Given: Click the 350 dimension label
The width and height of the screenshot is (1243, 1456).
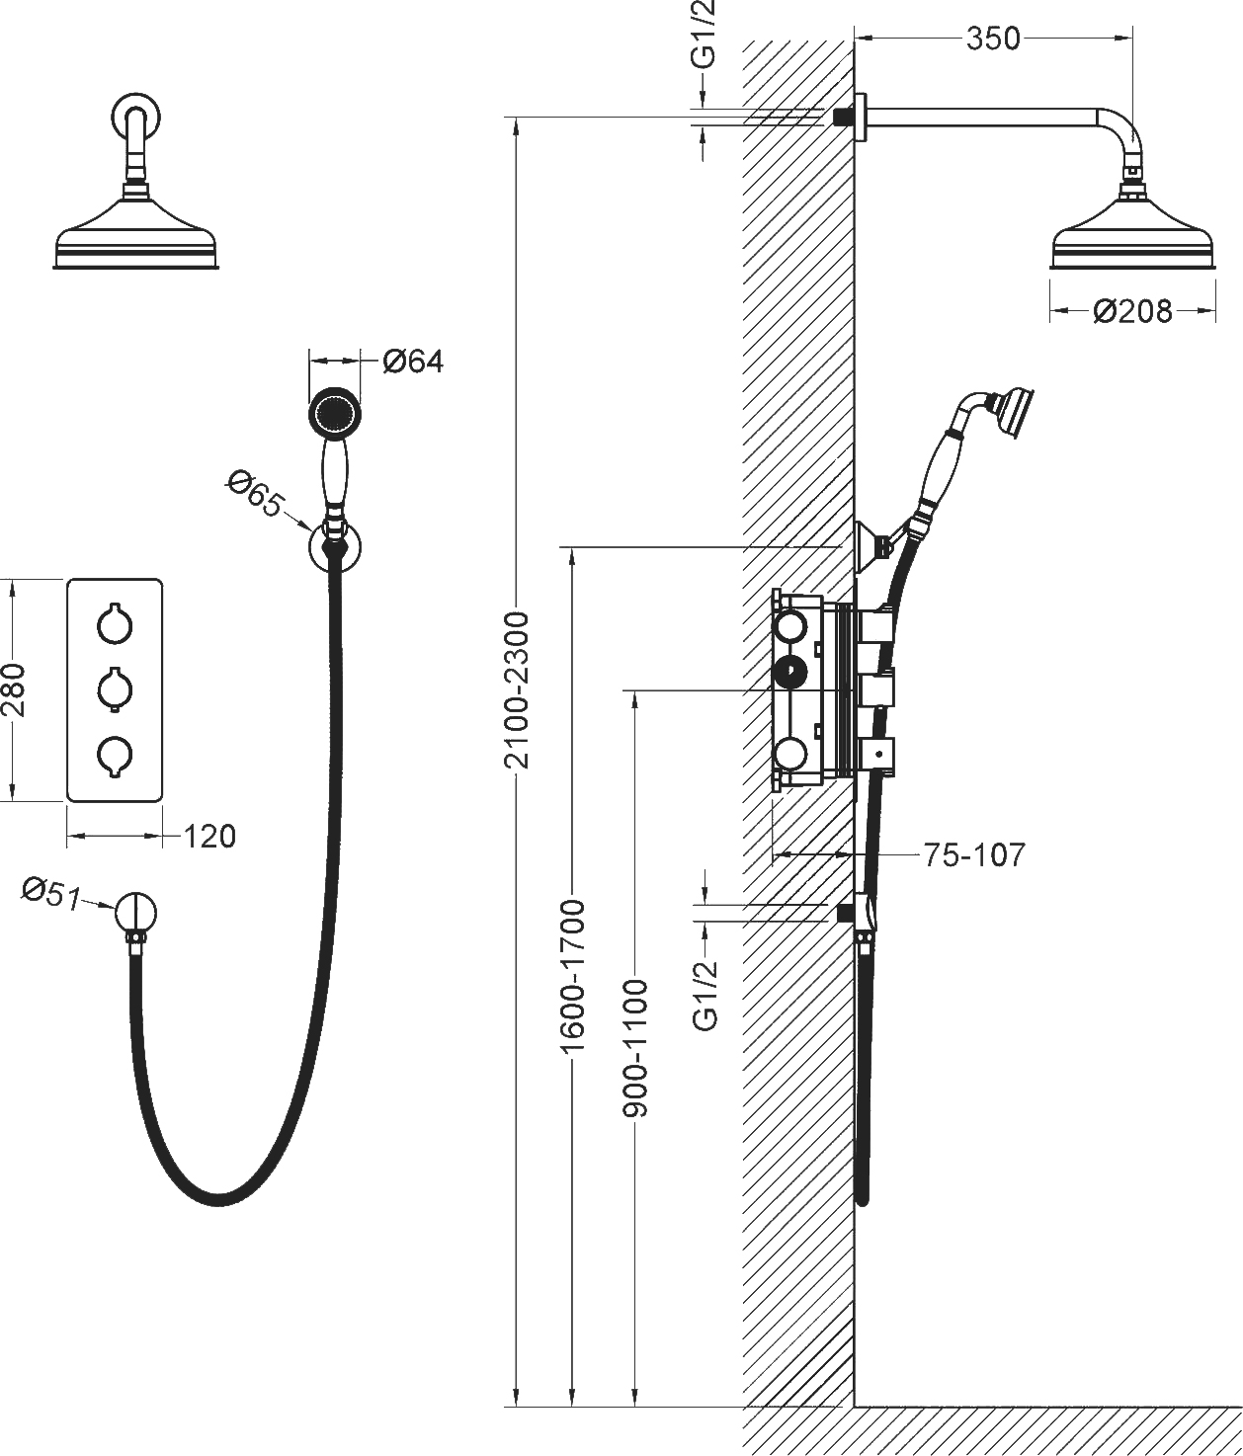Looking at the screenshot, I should coord(993,39).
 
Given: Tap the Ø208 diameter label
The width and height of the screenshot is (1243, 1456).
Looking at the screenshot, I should coord(1132,312).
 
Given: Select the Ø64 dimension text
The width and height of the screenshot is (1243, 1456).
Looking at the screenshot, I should coord(413,362).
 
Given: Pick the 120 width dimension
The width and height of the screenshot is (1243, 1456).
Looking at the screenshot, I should coord(210,837).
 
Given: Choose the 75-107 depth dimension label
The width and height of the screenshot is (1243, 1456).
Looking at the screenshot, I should coord(974,854).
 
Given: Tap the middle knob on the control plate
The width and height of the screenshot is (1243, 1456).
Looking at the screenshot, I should coord(115,688).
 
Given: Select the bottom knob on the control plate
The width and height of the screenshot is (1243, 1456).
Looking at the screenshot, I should coord(115,755).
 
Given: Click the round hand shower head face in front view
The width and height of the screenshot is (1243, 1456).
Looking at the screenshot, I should coord(334,412).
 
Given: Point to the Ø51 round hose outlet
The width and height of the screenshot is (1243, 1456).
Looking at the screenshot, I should coord(135,912).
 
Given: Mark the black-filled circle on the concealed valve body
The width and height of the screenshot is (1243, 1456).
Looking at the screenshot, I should coord(790,673).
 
